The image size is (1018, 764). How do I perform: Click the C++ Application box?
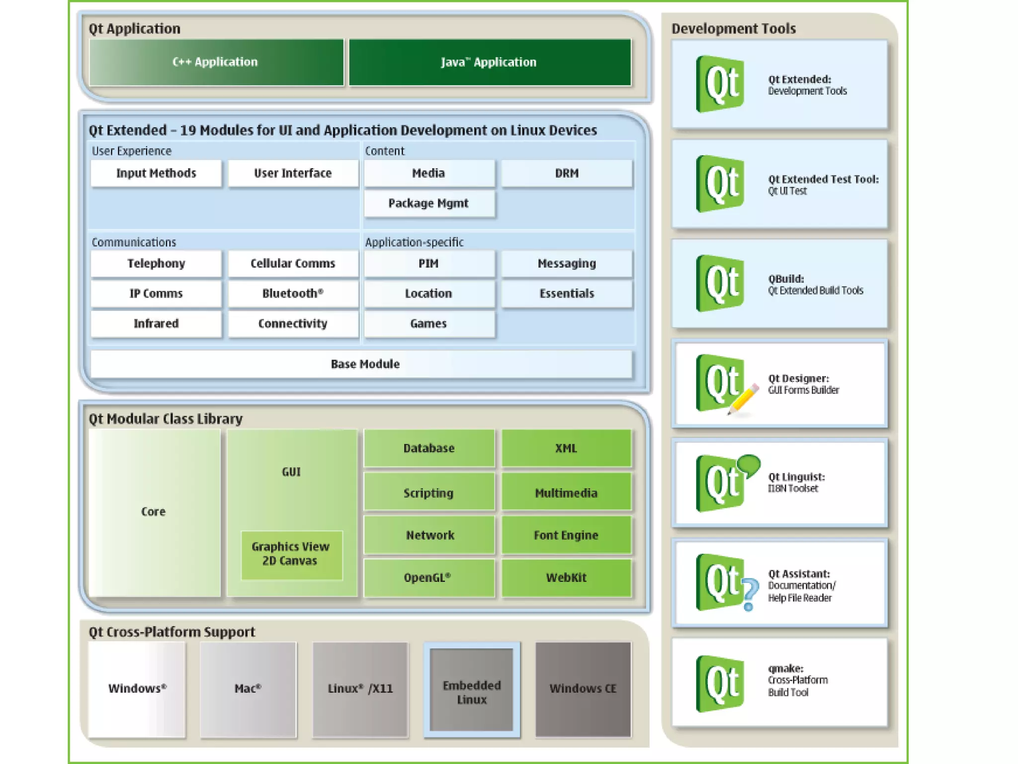pos(216,62)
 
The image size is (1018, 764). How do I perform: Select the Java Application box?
pos(490,62)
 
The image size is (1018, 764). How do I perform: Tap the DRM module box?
pos(567,173)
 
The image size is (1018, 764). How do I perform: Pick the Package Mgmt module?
pos(429,203)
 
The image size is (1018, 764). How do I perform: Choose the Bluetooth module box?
pos(293,293)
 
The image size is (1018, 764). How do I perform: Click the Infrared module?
pos(156,324)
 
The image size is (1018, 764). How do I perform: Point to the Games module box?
pos(429,324)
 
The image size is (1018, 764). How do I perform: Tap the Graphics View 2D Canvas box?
pos(291,554)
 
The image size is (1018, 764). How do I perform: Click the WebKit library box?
pos(566,577)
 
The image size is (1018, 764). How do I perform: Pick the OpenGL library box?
pos(428,577)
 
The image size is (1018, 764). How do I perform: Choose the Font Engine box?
pos(566,535)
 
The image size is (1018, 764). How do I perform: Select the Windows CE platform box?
pos(583,689)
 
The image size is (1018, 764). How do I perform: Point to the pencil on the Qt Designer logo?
pos(744,398)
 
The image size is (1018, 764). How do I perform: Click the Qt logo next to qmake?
pos(720,683)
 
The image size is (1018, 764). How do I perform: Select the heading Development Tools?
pos(734,29)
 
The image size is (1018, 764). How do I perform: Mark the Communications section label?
pos(134,242)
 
